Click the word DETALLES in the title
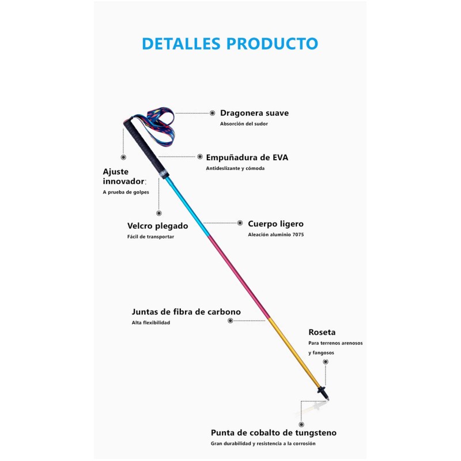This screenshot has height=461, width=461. coord(181,44)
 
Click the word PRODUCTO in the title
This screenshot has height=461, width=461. coord(272,44)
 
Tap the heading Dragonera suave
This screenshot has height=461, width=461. coord(254,113)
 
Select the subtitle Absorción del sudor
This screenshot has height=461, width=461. coord(244,124)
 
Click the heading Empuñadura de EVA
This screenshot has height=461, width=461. coord(247,157)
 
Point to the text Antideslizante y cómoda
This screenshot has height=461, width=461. coord(235,168)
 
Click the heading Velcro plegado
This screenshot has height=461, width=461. coord(157,226)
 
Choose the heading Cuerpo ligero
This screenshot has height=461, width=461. coord(276,224)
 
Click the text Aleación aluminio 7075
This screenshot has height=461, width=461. coord(276,235)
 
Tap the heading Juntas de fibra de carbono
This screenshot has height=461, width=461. coord(186,312)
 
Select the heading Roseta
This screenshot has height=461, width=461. coord(322,332)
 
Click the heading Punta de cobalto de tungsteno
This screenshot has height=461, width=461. coord(274,433)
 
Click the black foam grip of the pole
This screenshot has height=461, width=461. coord(146,149)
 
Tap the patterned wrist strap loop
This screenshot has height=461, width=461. coord(157,126)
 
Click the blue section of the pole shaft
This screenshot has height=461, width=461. coord(188,207)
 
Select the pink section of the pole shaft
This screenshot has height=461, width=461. coord(239,278)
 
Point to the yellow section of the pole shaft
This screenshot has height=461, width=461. coord(294,353)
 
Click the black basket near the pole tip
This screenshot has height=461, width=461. coord(322,391)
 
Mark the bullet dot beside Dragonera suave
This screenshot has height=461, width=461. coord(212,113)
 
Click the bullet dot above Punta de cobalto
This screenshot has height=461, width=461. coord(301,425)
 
